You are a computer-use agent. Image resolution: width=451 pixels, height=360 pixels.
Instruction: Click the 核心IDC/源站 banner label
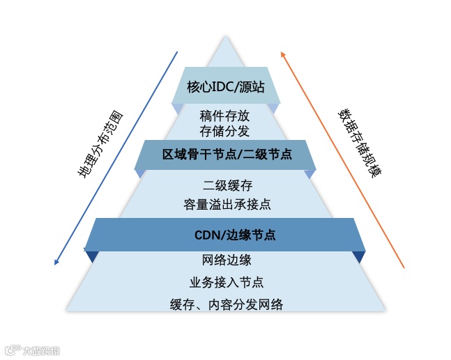(224, 86)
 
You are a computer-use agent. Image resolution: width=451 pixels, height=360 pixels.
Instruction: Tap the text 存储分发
(224, 130)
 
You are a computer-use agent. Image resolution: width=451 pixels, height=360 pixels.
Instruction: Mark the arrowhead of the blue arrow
(56, 263)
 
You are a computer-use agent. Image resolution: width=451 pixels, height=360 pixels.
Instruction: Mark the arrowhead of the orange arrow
(282, 52)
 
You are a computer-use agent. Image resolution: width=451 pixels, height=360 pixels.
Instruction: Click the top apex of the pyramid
(225, 37)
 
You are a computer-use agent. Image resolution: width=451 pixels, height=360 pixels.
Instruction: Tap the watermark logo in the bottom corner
(11, 349)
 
